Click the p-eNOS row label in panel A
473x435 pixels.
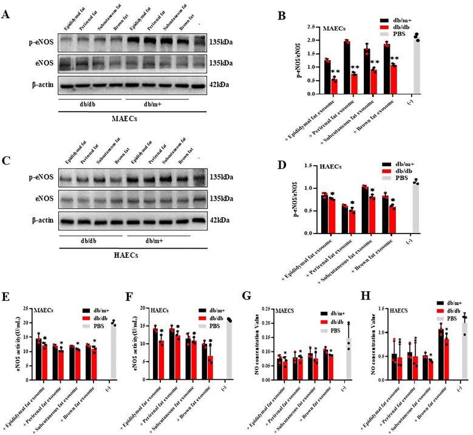coord(38,43)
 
